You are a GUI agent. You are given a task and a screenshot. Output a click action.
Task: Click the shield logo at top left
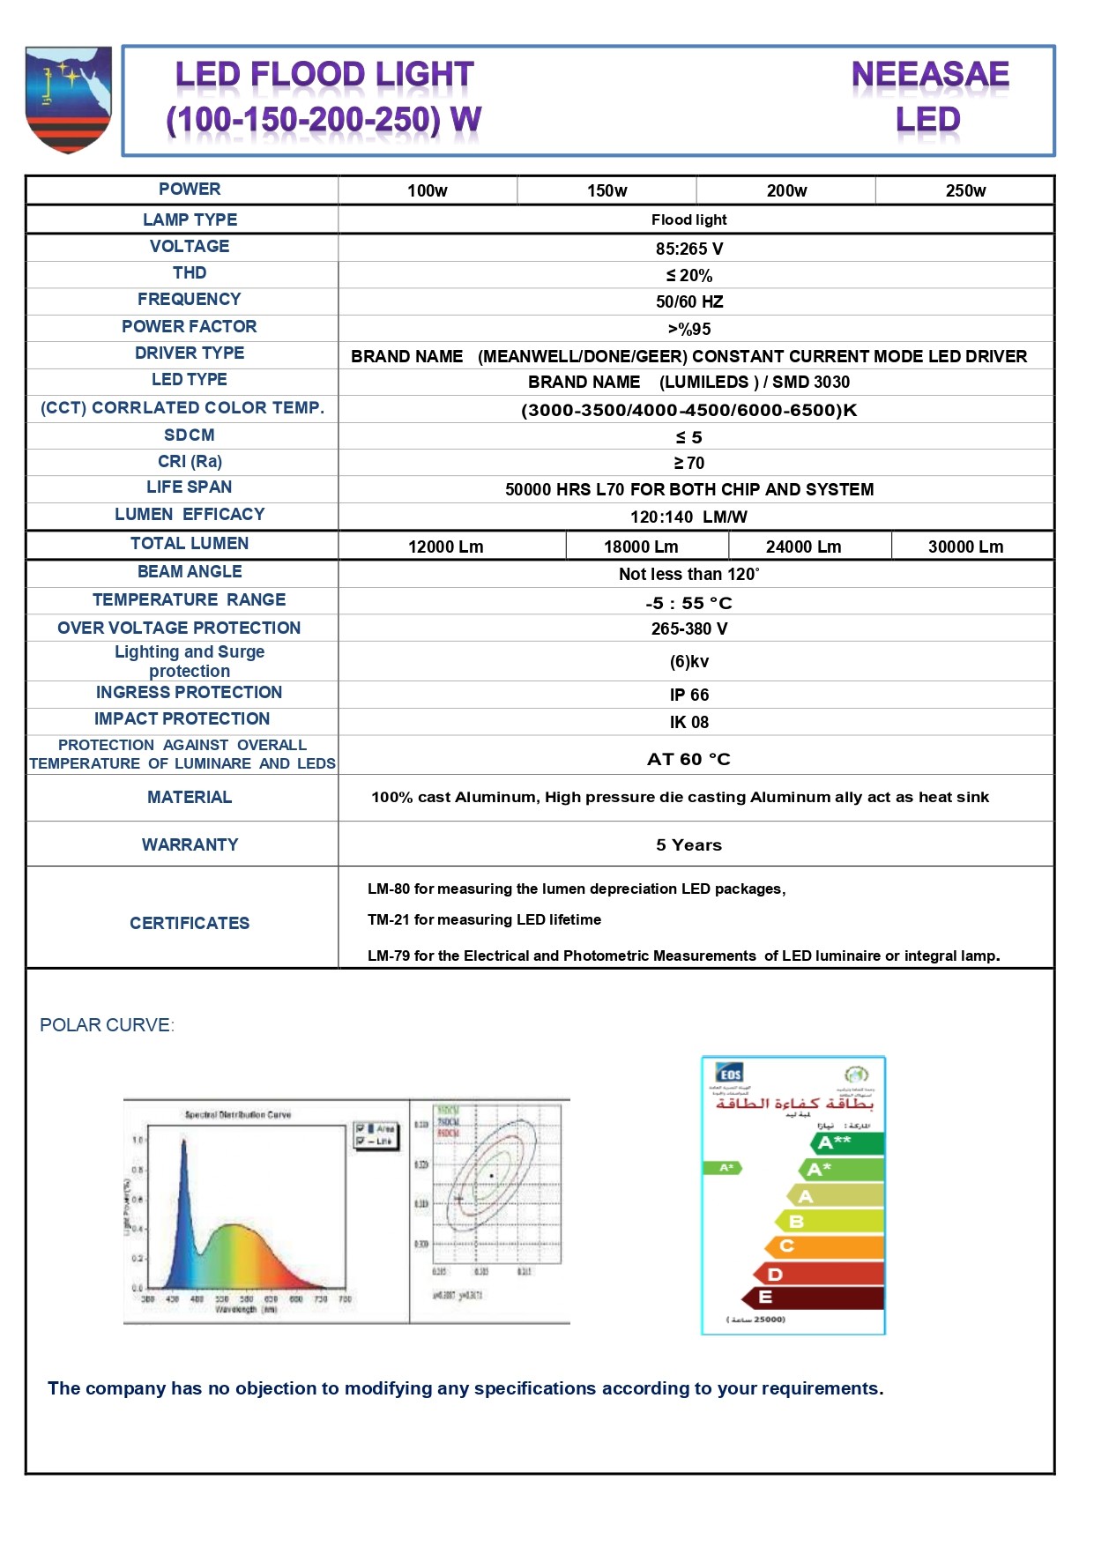click(69, 99)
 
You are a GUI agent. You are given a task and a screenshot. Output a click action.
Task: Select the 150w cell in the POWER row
click(607, 190)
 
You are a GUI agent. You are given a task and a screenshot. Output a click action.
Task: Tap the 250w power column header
click(965, 190)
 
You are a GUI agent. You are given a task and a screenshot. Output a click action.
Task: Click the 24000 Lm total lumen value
click(803, 547)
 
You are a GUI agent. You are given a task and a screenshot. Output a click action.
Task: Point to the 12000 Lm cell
click(445, 547)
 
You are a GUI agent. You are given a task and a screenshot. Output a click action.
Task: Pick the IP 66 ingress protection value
click(688, 695)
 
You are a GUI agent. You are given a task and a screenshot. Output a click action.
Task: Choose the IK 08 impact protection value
click(688, 722)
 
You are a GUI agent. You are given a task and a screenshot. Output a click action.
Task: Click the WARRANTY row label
click(190, 844)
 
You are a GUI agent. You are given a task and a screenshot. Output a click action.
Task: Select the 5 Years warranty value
click(688, 844)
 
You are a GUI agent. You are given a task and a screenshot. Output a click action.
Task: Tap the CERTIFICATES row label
click(190, 923)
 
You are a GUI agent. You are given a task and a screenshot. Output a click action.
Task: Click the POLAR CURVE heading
click(107, 1025)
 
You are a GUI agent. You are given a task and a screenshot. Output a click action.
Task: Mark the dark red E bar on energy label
click(813, 1297)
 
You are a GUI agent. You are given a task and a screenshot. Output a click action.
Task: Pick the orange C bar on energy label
click(824, 1246)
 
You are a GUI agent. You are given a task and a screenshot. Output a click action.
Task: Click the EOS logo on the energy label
click(730, 1074)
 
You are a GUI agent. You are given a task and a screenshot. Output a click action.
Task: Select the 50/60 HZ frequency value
click(688, 301)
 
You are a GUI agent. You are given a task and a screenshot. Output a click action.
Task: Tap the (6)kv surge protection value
click(688, 661)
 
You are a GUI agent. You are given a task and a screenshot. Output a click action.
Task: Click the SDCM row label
click(190, 435)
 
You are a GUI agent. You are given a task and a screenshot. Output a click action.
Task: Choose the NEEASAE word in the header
click(930, 75)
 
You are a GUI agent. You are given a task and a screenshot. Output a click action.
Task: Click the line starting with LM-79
click(683, 956)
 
